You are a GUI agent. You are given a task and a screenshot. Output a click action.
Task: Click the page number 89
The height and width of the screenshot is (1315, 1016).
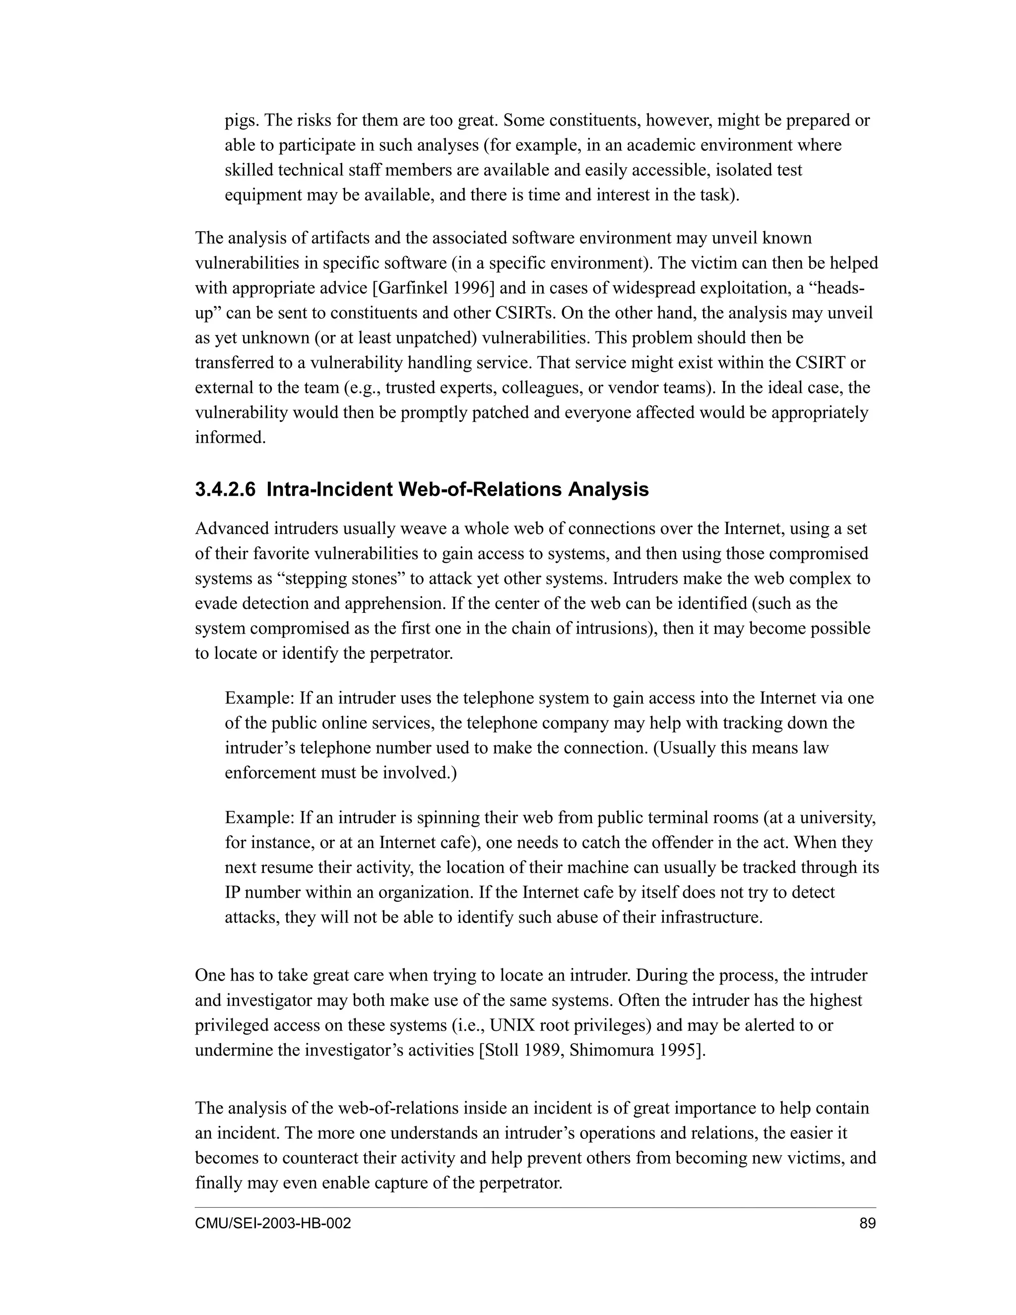pyautogui.click(x=867, y=1224)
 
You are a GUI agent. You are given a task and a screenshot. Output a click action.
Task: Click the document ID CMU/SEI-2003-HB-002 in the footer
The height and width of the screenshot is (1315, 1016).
pyautogui.click(x=273, y=1224)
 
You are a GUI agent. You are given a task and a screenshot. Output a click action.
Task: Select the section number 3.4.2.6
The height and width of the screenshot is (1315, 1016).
pyautogui.click(x=225, y=489)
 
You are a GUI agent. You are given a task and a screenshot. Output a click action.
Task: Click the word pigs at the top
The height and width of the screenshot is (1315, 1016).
pyautogui.click(x=242, y=121)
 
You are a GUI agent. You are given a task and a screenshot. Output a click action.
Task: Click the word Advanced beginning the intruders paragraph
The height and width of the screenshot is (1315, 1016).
pyautogui.click(x=232, y=528)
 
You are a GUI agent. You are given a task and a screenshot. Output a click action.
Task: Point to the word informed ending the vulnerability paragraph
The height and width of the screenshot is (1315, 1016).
pyautogui.click(x=230, y=438)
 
